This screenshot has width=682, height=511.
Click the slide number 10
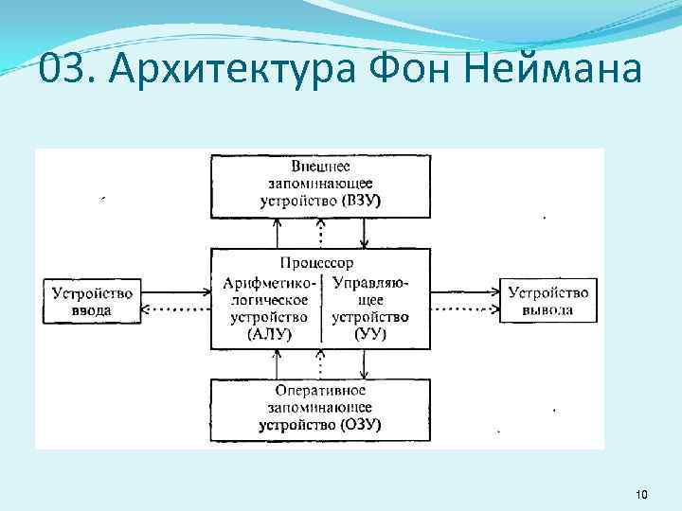click(x=640, y=495)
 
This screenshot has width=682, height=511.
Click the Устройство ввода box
click(x=92, y=300)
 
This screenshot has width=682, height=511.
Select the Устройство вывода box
click(x=548, y=300)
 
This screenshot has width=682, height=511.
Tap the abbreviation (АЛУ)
click(x=269, y=332)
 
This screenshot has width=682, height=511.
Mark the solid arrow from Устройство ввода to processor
click(x=175, y=290)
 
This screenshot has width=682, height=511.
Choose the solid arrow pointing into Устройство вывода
click(x=464, y=290)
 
